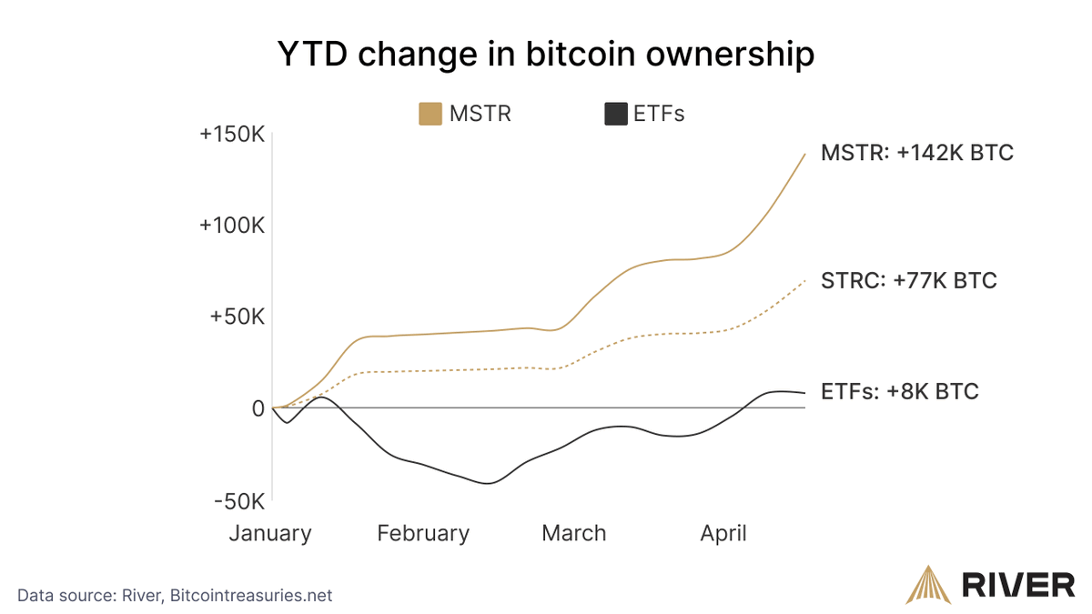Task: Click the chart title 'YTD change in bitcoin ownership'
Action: [x=545, y=55]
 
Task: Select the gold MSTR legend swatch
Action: [x=430, y=115]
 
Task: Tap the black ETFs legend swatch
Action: [x=615, y=115]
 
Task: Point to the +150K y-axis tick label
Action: [x=231, y=135]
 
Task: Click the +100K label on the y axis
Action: [x=231, y=226]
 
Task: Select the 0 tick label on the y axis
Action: [x=258, y=409]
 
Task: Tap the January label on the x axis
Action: [x=269, y=533]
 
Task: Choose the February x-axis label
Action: [x=423, y=533]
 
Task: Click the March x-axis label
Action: [x=573, y=533]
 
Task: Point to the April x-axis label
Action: [x=723, y=533]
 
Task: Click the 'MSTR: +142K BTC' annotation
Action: [x=916, y=153]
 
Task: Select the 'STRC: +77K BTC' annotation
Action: [x=908, y=280]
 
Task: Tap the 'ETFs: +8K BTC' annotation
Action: [x=899, y=392]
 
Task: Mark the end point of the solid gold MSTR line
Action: [x=805, y=154]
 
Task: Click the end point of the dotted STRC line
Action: [x=805, y=281]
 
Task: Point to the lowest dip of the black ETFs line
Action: [x=488, y=483]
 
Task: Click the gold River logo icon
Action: [x=925, y=585]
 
